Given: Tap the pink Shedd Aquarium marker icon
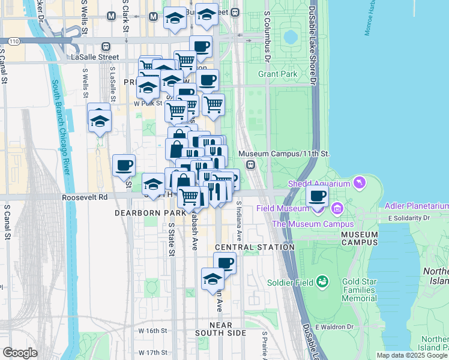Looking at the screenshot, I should click(360, 182).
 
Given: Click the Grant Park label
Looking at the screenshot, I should click(278, 74).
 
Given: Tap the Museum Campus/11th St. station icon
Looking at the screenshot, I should click(251, 165).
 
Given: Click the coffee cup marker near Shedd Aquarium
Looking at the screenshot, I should click(318, 196).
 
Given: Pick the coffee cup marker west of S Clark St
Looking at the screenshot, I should click(124, 165).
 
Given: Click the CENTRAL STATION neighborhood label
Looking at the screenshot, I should click(255, 247).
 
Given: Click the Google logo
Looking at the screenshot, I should click(20, 353).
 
